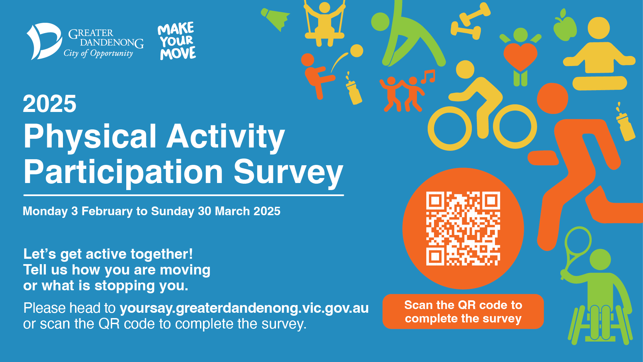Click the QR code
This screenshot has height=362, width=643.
coord(463,229)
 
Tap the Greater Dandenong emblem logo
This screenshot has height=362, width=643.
coord(44,41)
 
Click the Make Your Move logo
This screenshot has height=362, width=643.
coord(177,41)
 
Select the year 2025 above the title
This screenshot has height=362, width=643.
coord(50,104)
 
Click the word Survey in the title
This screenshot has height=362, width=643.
coord(288,172)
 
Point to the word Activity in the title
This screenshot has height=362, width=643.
coord(226,137)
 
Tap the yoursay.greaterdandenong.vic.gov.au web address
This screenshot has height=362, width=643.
coord(244,308)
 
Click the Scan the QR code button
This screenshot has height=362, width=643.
coord(463,312)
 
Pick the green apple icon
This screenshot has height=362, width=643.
coord(565,25)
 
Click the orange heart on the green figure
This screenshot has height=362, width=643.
coord(520,56)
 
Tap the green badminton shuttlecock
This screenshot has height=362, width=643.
coord(275,19)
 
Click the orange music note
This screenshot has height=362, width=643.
coord(428,77)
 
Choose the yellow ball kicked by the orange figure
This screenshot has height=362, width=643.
coord(357,51)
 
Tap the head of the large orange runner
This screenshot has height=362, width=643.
coord(552,99)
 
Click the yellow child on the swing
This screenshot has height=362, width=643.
coord(324,23)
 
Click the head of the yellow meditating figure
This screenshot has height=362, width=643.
coord(599,28)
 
